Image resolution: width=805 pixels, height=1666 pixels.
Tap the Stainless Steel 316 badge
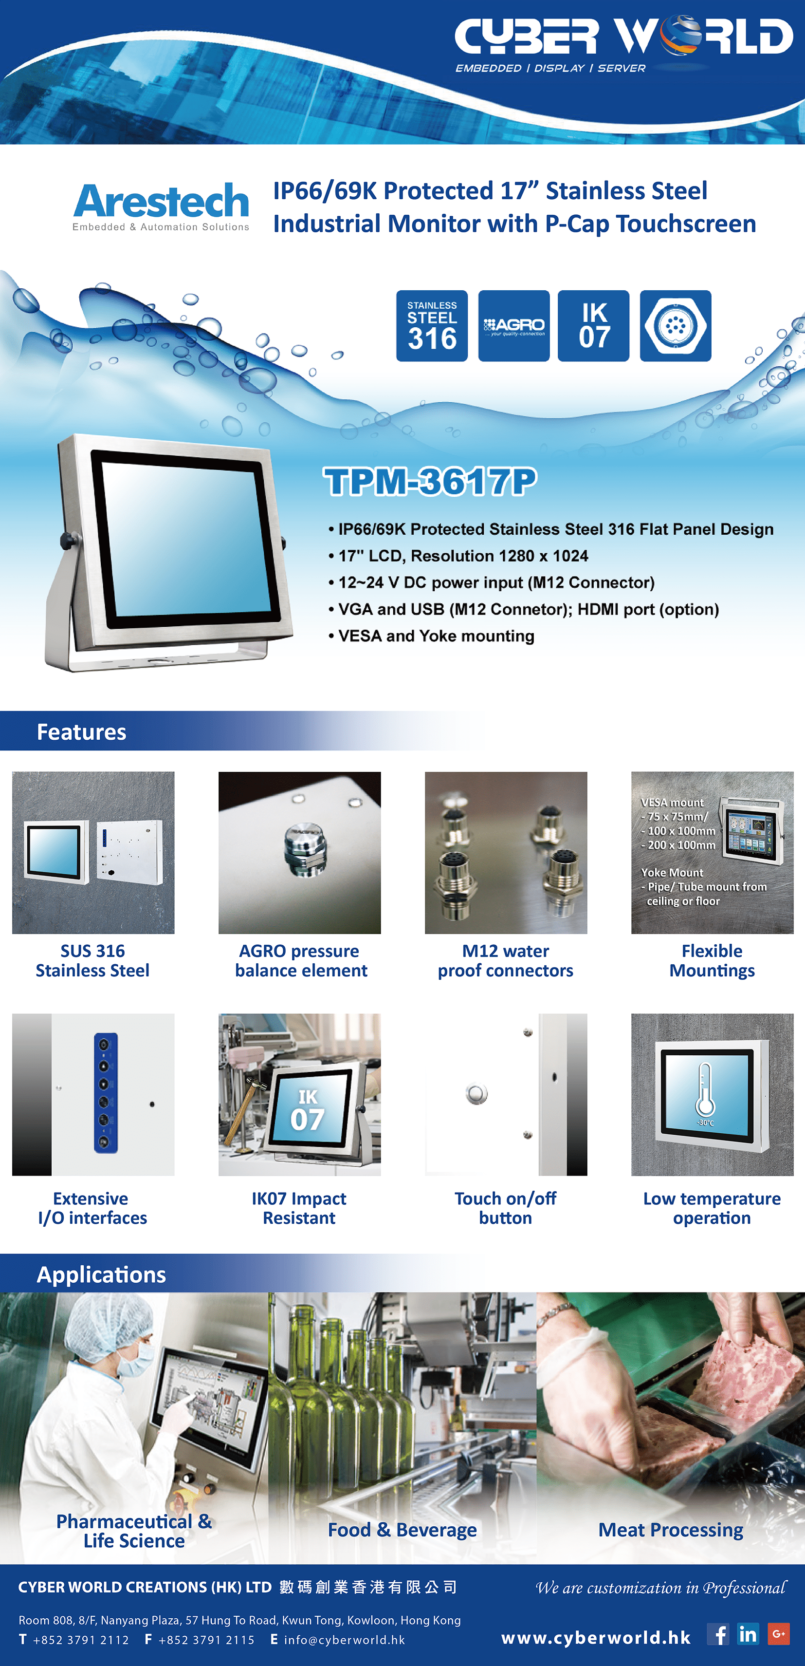(432, 326)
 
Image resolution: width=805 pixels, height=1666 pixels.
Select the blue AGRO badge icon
(514, 326)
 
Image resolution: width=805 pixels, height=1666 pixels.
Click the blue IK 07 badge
(594, 326)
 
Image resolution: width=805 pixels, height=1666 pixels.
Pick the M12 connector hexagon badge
(676, 326)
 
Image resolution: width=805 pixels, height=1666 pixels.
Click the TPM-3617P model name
(430, 481)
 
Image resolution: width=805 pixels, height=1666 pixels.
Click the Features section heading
(81, 731)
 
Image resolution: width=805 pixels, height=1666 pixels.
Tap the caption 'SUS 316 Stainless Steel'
(92, 960)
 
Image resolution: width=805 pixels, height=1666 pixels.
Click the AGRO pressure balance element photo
(299, 852)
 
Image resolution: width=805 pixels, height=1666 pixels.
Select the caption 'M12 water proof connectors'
(506, 960)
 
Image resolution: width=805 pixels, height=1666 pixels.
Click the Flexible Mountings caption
(712, 960)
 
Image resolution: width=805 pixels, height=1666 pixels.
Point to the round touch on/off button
(476, 1094)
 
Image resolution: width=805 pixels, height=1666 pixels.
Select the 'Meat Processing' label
(671, 1530)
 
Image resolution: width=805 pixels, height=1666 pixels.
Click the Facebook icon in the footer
(718, 1634)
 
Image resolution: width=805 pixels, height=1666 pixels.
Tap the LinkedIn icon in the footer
(748, 1634)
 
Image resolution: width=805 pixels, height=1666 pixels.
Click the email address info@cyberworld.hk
(344, 1640)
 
